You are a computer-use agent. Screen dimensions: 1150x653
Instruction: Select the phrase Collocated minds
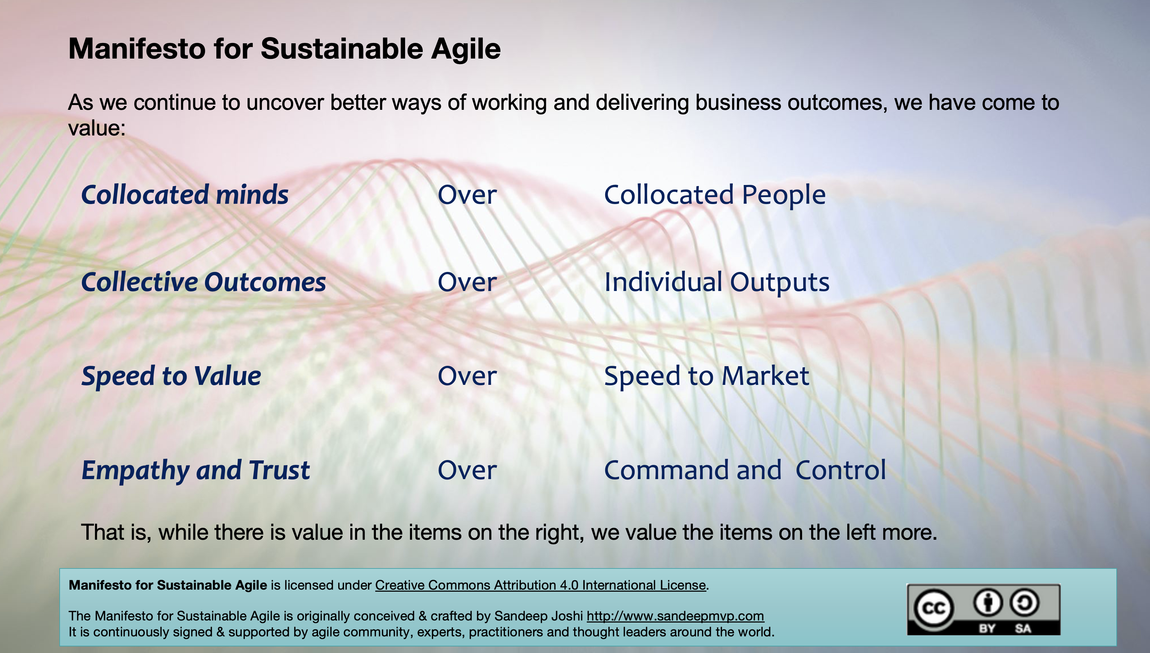(x=184, y=195)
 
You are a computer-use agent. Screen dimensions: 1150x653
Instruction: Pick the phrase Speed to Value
(x=171, y=376)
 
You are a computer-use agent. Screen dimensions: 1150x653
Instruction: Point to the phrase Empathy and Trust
(x=195, y=470)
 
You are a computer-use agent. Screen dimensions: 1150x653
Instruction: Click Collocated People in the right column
(x=715, y=195)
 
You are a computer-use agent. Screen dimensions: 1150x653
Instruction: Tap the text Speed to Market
(x=706, y=376)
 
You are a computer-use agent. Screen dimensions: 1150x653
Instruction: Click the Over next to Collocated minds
(x=467, y=195)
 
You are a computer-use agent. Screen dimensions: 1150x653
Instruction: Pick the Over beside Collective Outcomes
(x=467, y=283)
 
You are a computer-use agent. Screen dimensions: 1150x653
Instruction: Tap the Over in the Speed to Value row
(x=467, y=376)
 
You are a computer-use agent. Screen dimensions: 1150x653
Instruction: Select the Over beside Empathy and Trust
(x=467, y=470)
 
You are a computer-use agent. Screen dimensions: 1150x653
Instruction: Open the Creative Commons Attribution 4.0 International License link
(x=540, y=585)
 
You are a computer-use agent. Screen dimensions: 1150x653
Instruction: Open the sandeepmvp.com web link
(x=675, y=616)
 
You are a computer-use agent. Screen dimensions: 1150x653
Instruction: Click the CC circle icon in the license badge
(x=934, y=608)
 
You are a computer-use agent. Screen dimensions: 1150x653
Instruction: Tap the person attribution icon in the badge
(x=987, y=603)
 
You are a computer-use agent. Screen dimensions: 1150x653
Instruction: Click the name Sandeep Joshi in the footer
(x=538, y=616)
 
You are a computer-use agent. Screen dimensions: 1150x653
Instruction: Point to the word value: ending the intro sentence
(x=96, y=128)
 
